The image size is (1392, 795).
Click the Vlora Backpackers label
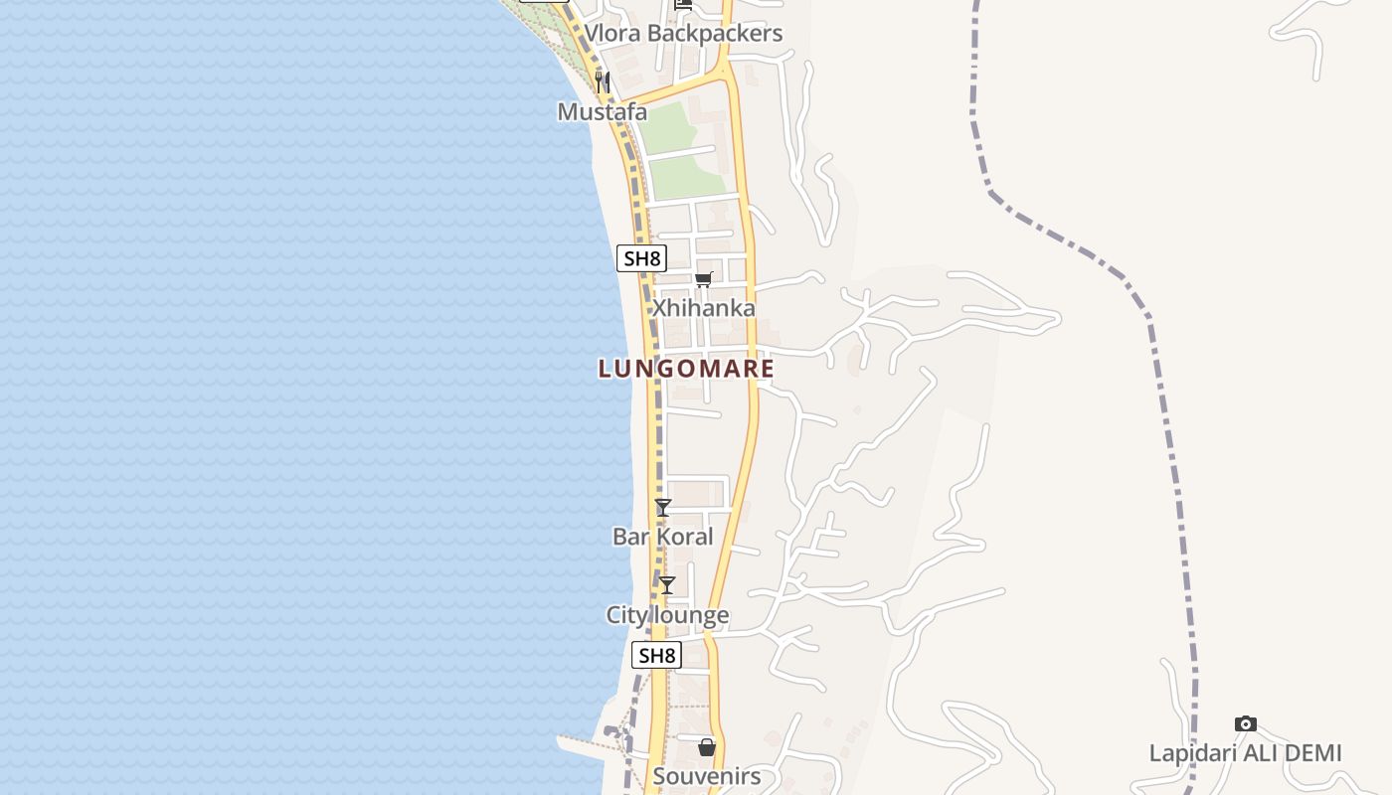click(683, 33)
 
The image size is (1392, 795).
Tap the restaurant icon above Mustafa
click(603, 80)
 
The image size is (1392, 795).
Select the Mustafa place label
click(603, 111)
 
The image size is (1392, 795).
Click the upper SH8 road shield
click(641, 258)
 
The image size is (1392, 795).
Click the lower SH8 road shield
click(656, 655)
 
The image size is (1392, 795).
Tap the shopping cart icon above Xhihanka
click(704, 279)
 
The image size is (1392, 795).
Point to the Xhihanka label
click(703, 308)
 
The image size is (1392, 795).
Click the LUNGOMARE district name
click(686, 369)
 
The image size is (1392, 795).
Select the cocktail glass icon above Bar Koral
click(663, 507)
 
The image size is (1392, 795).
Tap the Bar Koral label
click(662, 537)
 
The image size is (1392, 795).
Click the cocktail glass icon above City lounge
click(667, 585)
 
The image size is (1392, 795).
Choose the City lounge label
click(667, 615)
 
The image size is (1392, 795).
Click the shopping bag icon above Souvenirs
click(707, 746)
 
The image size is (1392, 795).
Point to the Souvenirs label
click(707, 776)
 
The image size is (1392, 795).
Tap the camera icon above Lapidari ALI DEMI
click(1245, 723)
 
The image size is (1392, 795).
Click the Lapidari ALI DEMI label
click(1245, 753)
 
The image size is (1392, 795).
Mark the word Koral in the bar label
click(685, 537)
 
